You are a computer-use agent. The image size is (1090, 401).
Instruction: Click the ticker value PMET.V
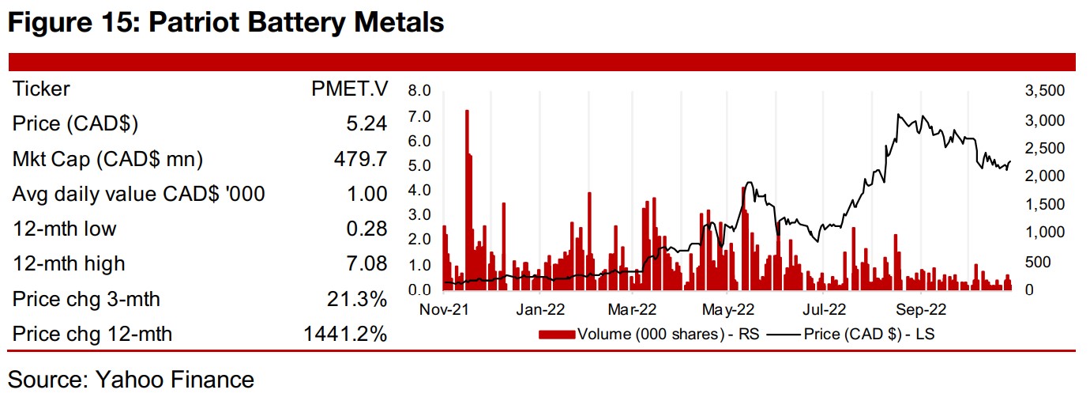pos(349,89)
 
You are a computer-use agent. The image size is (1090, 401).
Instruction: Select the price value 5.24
pos(366,124)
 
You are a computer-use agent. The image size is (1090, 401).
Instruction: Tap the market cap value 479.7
pos(359,159)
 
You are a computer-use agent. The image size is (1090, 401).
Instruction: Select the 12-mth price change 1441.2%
pos(345,334)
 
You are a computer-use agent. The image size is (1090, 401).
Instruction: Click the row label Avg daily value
pos(138,194)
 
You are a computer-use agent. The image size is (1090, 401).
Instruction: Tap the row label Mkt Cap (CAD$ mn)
pos(107,159)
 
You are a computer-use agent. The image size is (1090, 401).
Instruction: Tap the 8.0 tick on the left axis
pos(420,91)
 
